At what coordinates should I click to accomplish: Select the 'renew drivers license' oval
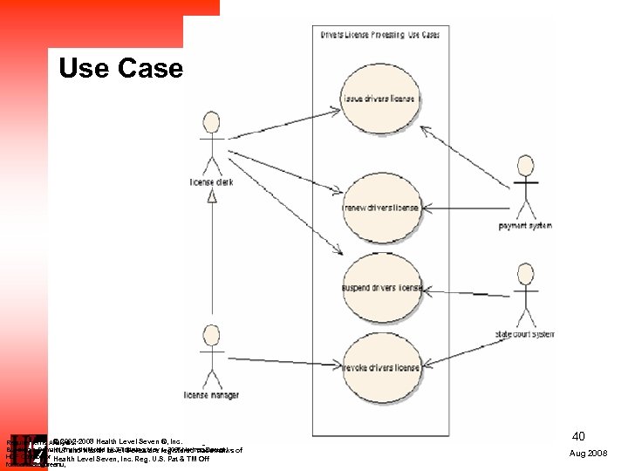point(380,208)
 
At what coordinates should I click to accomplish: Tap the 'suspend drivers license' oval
point(380,287)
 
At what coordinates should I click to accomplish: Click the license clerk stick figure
point(209,144)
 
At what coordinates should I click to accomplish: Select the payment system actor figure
point(525,188)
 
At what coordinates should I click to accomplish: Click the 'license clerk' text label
point(210,182)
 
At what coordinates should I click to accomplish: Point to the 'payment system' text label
point(525,227)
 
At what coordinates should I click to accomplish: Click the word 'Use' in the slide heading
point(84,68)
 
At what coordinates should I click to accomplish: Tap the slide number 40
point(577,436)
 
